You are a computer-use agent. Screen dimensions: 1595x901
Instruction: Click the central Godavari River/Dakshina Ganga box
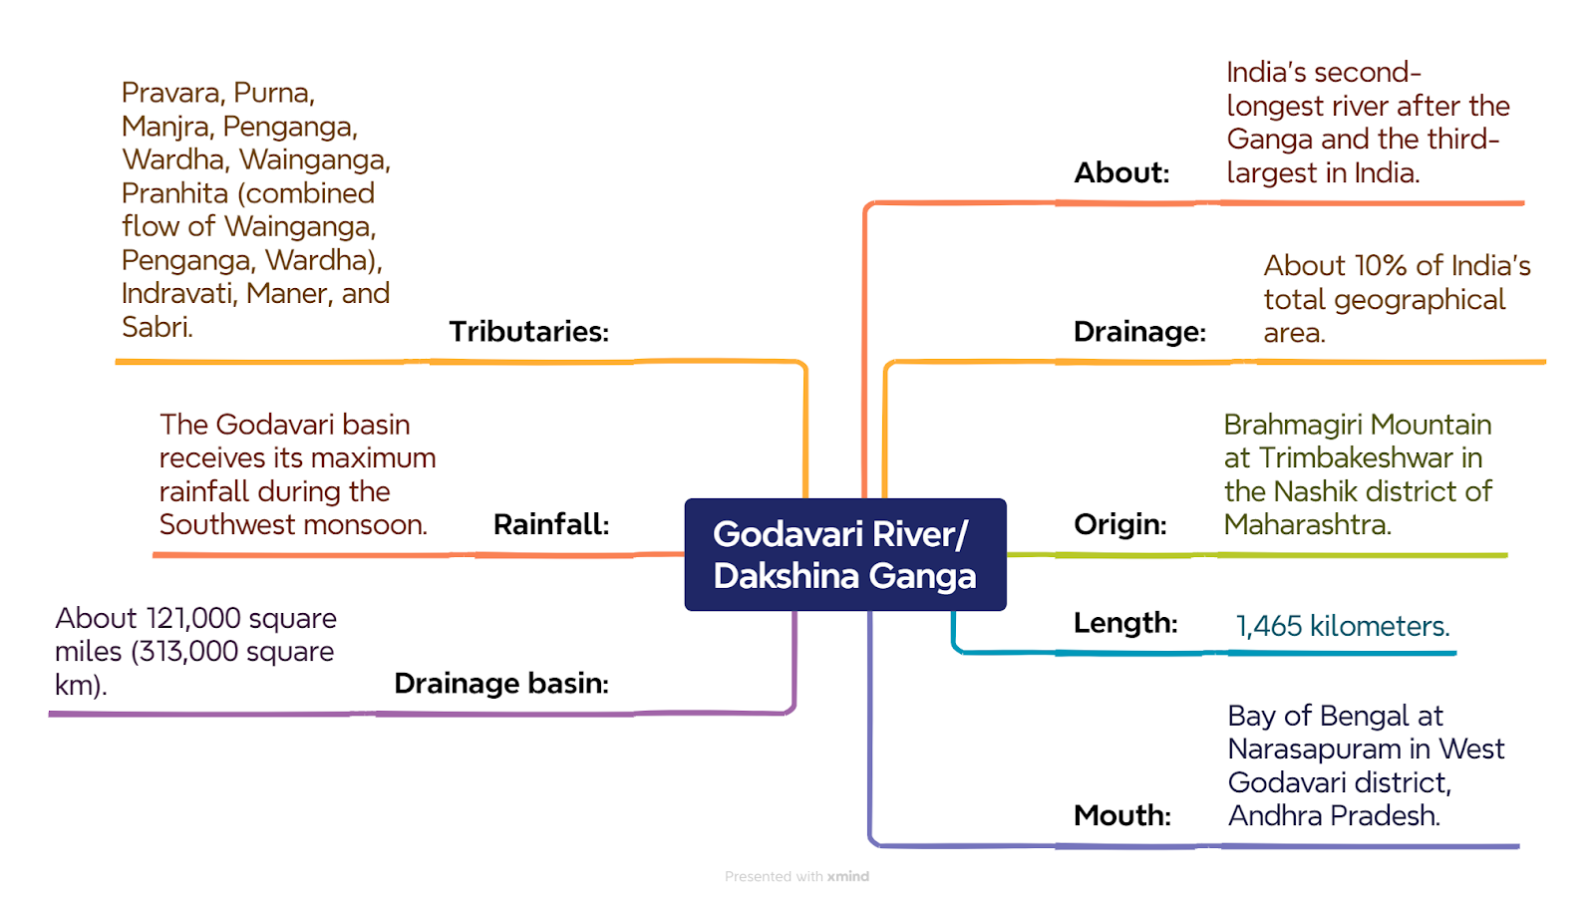click(x=845, y=554)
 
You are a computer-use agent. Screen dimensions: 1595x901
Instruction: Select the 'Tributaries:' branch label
click(x=529, y=332)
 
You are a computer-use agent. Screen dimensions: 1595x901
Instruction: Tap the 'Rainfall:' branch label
click(x=551, y=524)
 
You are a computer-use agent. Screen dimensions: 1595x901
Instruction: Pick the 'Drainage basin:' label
click(x=501, y=683)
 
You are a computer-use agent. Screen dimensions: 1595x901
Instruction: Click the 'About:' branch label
click(x=1121, y=173)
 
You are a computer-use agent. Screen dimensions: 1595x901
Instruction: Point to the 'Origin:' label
click(x=1120, y=524)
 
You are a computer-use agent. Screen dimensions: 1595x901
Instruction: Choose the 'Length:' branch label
click(x=1125, y=623)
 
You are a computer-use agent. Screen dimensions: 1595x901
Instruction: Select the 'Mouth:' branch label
click(x=1122, y=815)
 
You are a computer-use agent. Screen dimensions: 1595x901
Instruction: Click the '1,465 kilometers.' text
click(x=1342, y=626)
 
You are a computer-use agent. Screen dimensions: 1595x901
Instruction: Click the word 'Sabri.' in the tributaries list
click(x=158, y=327)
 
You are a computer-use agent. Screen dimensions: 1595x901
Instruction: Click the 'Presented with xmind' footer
click(x=797, y=876)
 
